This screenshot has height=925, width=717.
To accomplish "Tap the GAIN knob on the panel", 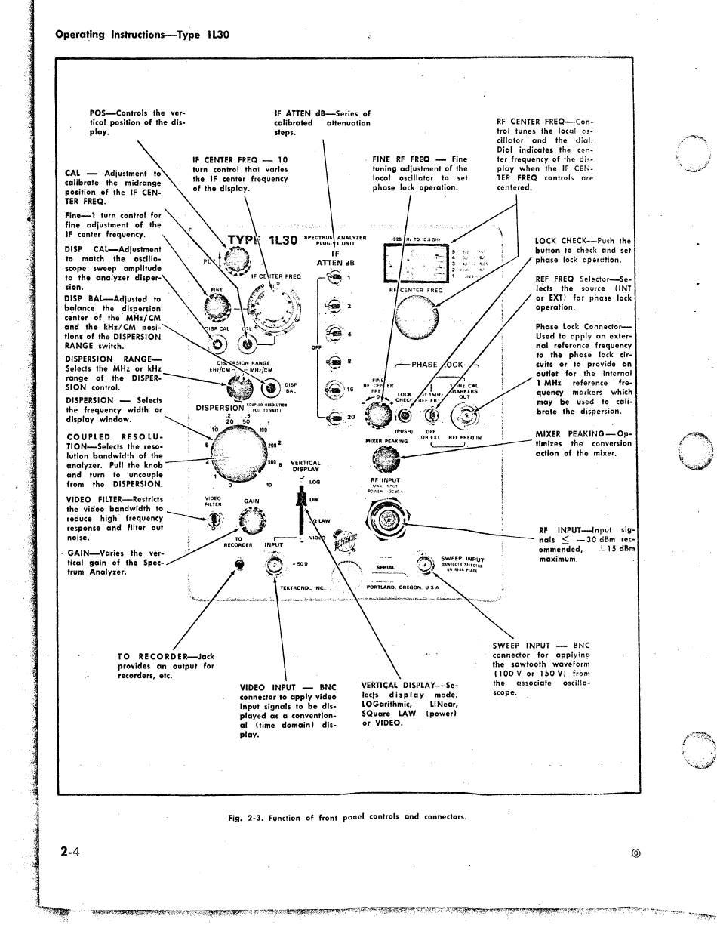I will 251,520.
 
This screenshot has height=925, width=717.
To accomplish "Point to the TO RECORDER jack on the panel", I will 239,564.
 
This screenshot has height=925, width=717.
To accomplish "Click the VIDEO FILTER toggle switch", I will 214,519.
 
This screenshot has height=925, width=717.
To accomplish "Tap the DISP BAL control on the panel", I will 271,389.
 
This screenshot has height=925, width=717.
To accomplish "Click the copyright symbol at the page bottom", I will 635,853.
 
